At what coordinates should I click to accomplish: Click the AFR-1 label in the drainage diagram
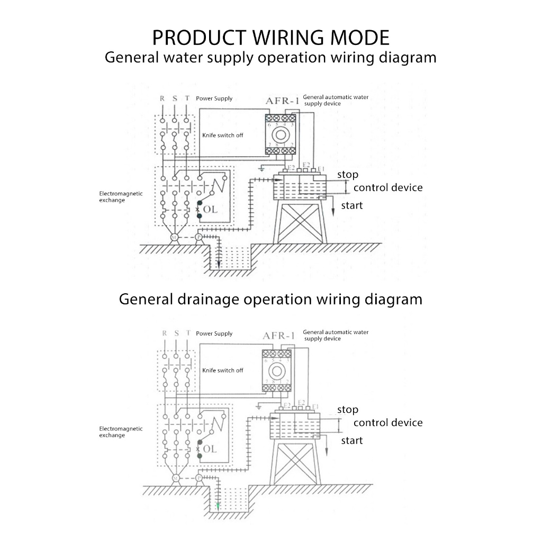point(278,336)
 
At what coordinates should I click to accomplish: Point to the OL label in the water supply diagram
point(210,210)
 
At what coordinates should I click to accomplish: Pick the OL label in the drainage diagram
point(210,449)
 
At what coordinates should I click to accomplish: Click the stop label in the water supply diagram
point(348,175)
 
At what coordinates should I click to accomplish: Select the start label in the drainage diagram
point(351,440)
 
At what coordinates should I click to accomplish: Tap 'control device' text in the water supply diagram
point(388,187)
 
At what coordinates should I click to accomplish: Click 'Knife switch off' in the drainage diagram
point(222,371)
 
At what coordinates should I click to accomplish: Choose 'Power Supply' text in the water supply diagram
point(214,98)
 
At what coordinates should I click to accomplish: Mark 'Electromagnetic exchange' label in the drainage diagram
point(121,432)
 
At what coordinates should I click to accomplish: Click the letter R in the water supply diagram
point(162,98)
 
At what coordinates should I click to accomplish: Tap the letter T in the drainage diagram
point(187,333)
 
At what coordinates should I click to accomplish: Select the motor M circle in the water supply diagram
point(174,239)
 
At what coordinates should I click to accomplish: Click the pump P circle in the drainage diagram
point(199,478)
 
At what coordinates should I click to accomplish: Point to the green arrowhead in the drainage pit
point(218,506)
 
